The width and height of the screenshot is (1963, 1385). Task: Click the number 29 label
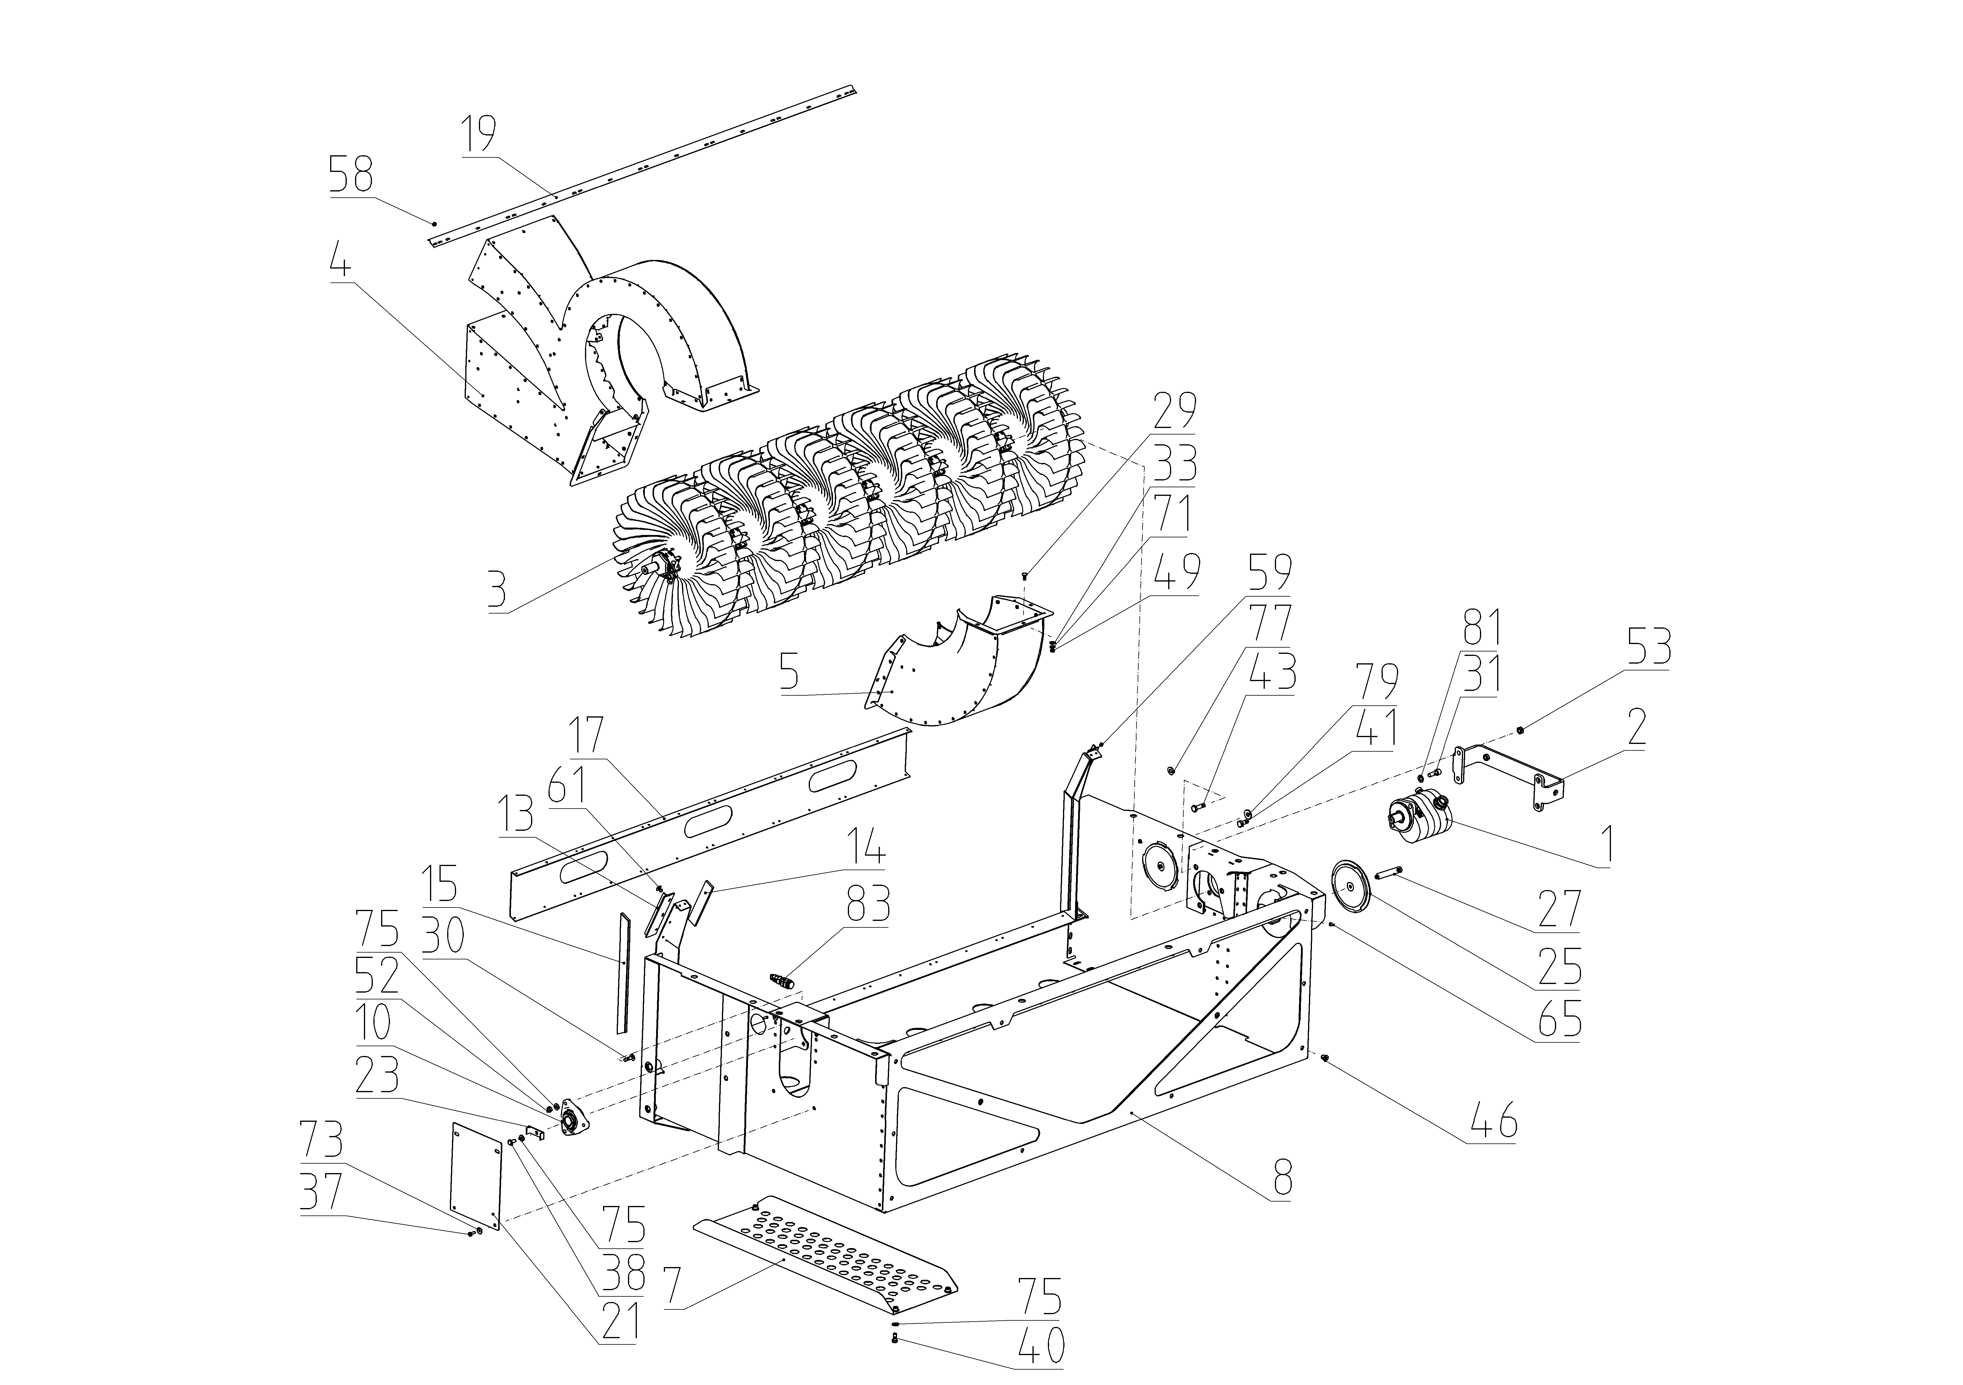point(1175,410)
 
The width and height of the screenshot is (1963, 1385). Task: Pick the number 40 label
point(1042,1346)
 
